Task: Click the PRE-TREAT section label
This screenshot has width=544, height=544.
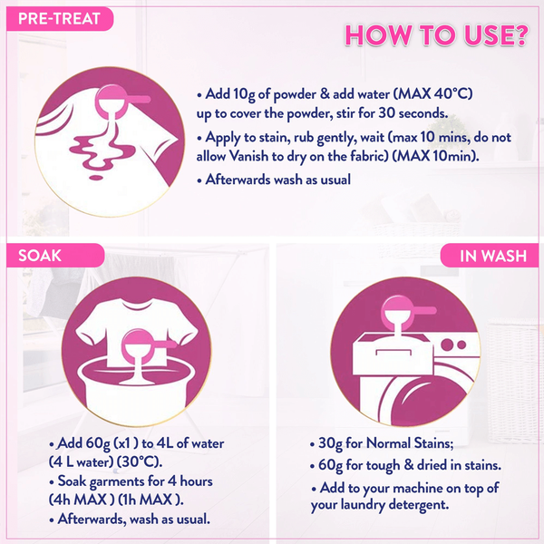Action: tap(59, 19)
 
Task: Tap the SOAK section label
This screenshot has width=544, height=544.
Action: tap(40, 256)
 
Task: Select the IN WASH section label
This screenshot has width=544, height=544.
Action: tap(493, 256)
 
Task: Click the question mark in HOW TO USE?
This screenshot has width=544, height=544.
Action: tap(518, 35)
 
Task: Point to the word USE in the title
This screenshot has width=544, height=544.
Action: tap(484, 35)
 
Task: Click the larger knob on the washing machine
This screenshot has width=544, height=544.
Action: tap(447, 345)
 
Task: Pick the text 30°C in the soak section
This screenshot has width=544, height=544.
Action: tap(139, 461)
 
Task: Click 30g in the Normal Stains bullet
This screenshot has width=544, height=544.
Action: tap(330, 443)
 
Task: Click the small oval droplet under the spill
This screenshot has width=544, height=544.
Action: tap(96, 178)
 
